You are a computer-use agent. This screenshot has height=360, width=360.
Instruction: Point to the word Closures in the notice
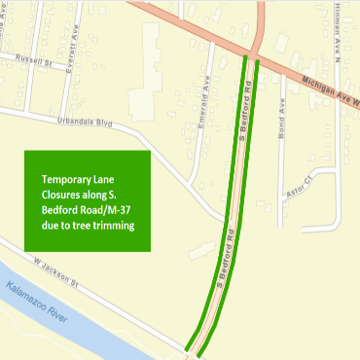pyautogui.click(x=64, y=195)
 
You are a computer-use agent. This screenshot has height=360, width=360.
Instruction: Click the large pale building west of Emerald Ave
pyautogui.click(x=146, y=67)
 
